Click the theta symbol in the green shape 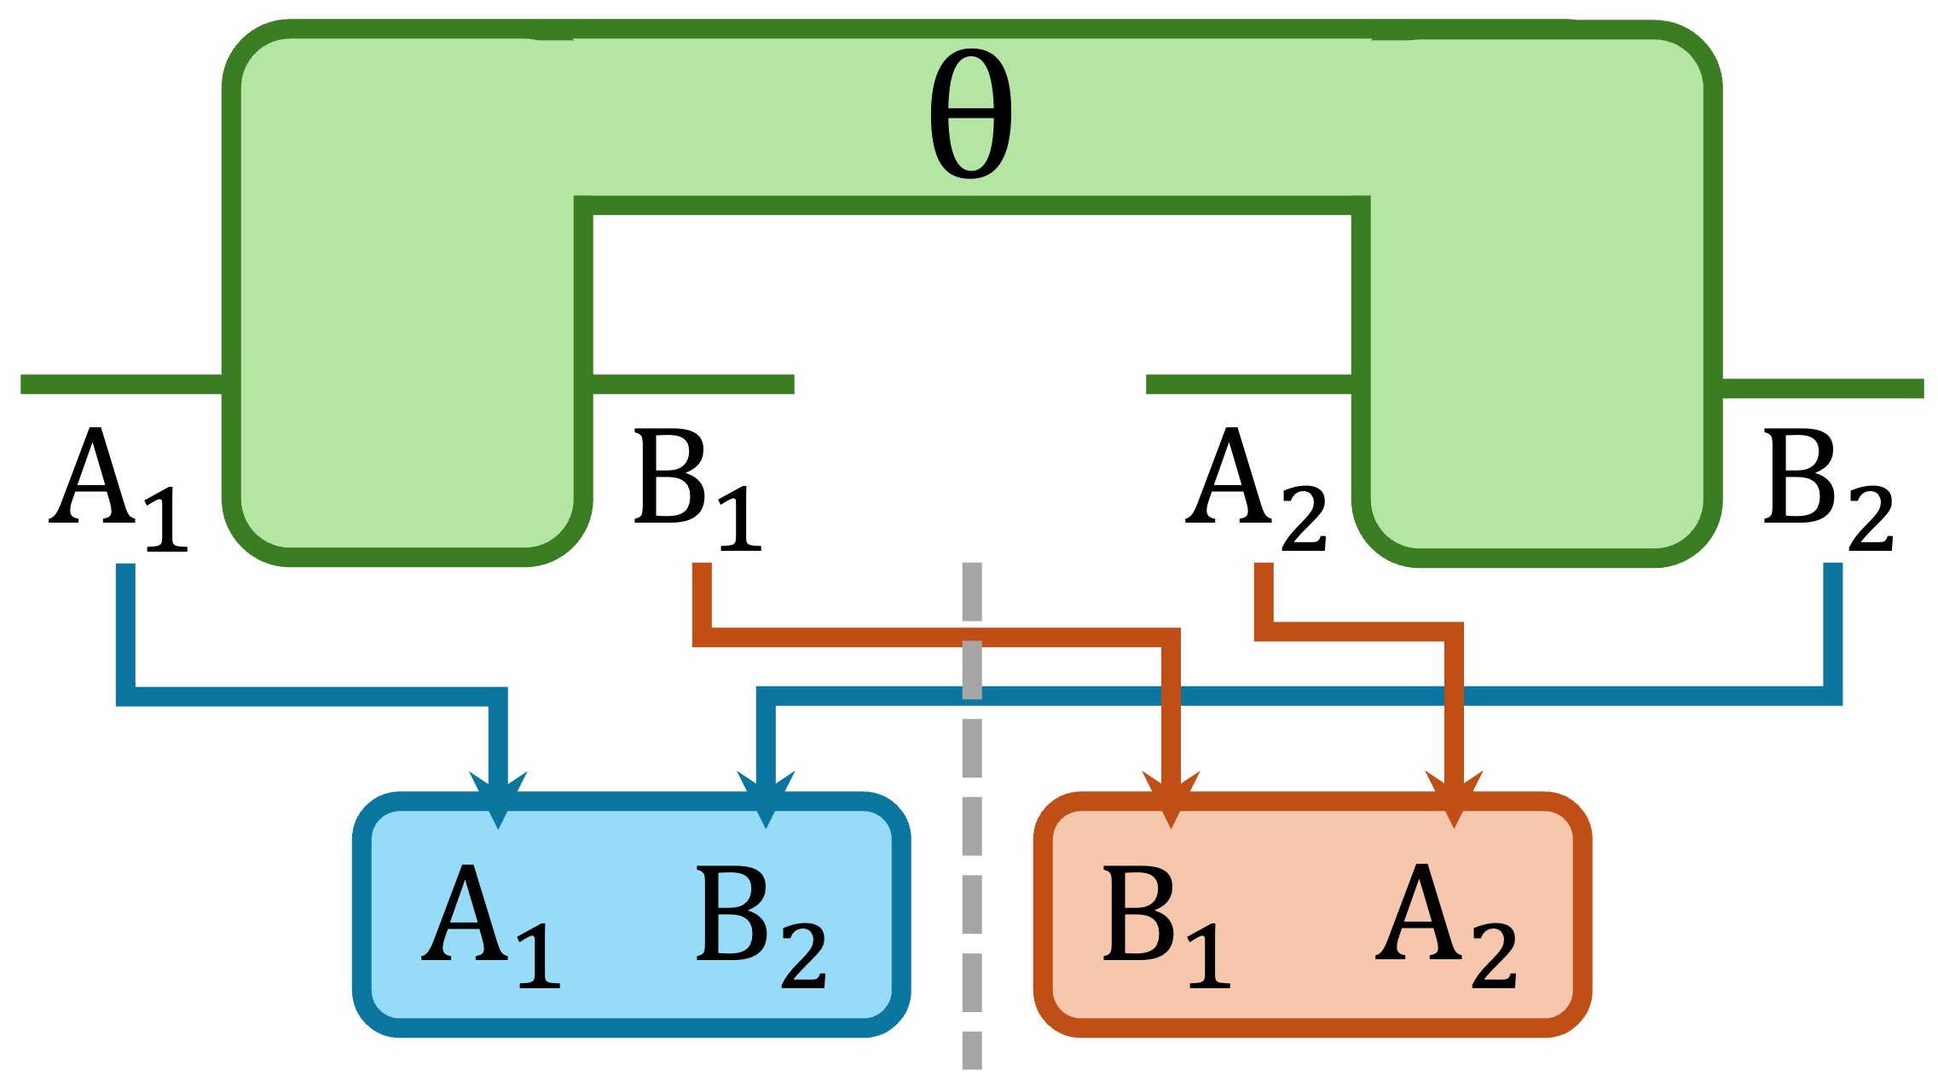coord(970,113)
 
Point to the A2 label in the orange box coord(1445,924)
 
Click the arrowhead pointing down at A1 coord(498,797)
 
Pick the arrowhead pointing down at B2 coord(766,797)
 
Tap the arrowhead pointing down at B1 coord(1171,797)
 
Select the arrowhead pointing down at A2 coord(1455,797)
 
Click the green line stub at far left coord(119,385)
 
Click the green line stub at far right coord(1823,389)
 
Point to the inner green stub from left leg coord(693,385)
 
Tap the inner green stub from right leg coord(1249,385)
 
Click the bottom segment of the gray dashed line coord(972,1050)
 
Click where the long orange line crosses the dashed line coord(972,638)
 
